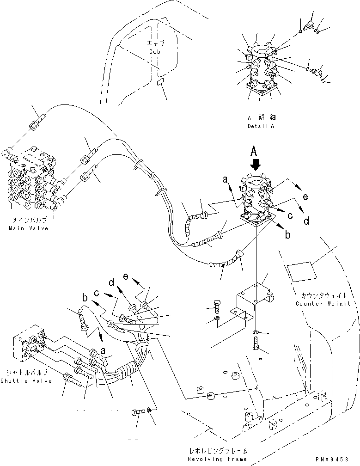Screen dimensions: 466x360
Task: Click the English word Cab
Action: click(x=155, y=52)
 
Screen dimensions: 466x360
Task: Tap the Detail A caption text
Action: click(x=260, y=126)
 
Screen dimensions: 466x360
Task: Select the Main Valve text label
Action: click(x=28, y=228)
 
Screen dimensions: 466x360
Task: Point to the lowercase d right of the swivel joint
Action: click(x=306, y=221)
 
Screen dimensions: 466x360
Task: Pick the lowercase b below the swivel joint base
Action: click(x=287, y=235)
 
